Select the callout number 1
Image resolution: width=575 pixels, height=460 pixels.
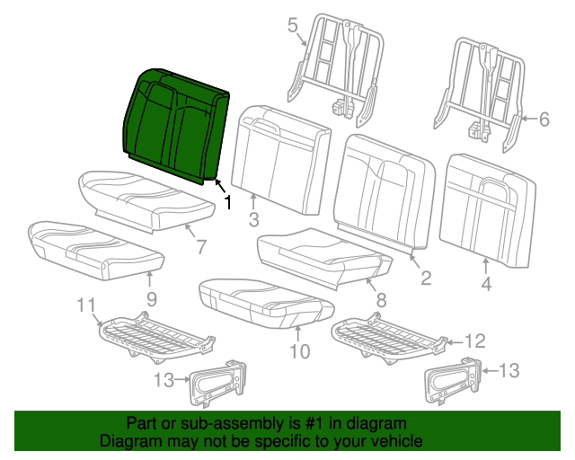(x=227, y=203)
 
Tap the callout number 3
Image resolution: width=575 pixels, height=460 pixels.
(x=254, y=220)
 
